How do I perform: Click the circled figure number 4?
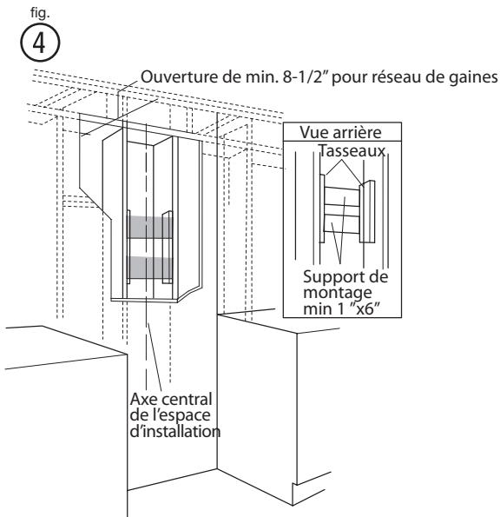25,39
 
